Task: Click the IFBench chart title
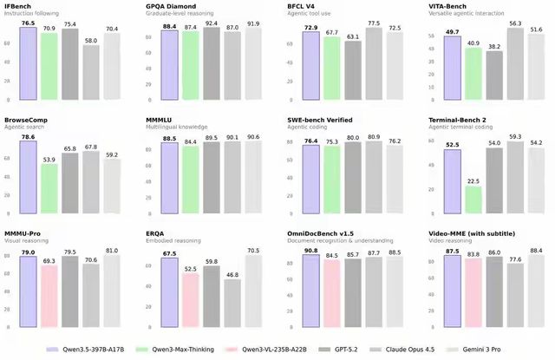19,6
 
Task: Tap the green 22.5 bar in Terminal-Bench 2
474,200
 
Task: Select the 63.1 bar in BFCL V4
352,69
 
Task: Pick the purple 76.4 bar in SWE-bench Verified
310,178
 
